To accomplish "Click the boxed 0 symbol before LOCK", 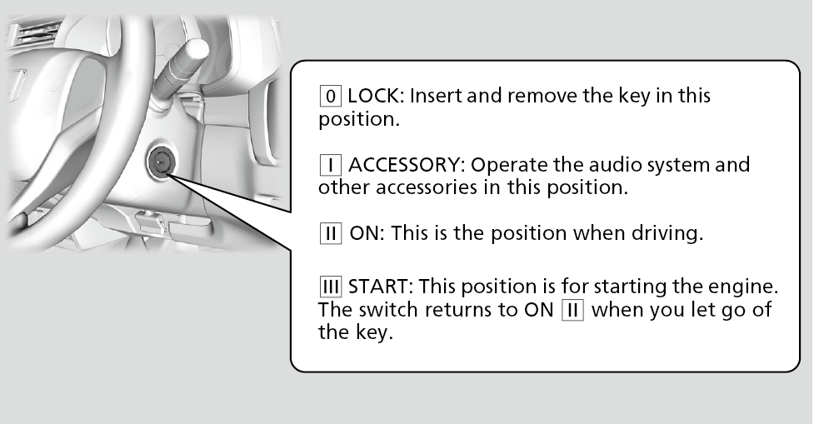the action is coord(331,96).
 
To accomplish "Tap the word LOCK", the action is coord(375,96).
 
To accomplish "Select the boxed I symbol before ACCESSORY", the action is coord(331,165).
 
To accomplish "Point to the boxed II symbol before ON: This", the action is coord(331,232).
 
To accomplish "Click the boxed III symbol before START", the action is coord(331,287).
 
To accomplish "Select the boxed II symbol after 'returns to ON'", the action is coord(573,310).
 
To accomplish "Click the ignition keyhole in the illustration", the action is coord(160,163).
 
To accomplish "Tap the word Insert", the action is coord(436,96).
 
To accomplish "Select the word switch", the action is coord(387,310).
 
